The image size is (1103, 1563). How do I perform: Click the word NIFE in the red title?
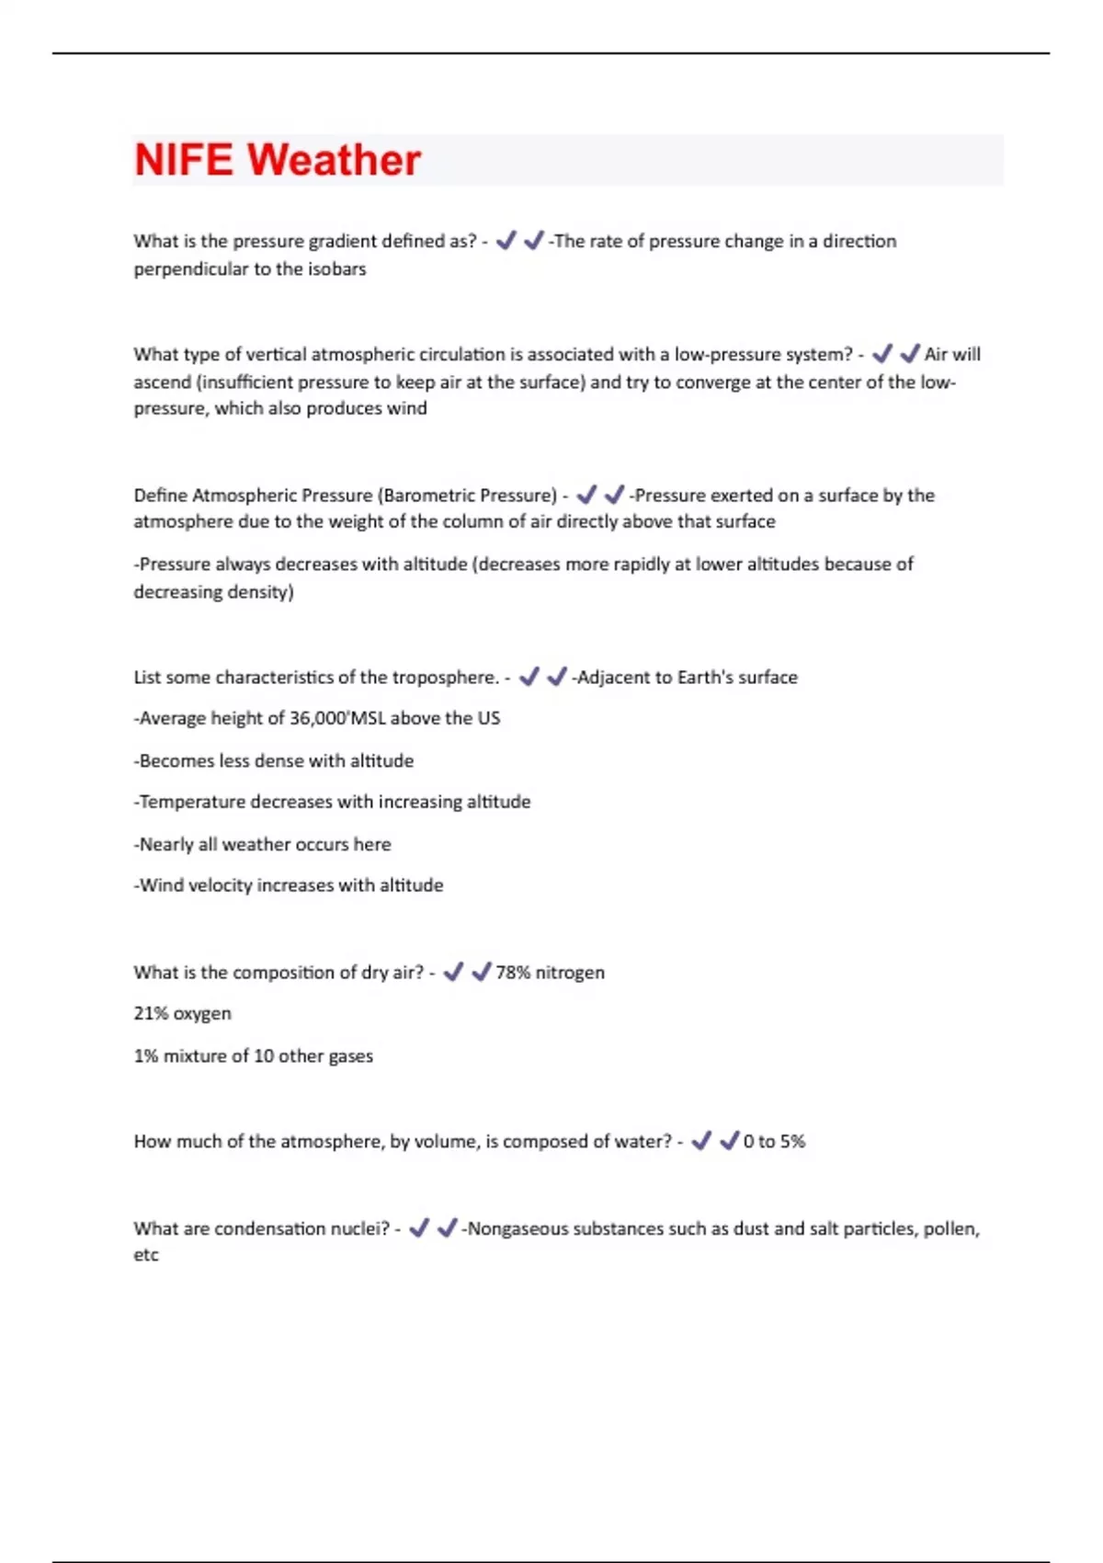(x=183, y=160)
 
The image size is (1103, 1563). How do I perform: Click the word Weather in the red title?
(x=334, y=160)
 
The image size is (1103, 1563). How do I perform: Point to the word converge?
(x=713, y=382)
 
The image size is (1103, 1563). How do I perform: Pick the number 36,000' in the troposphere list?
(x=319, y=718)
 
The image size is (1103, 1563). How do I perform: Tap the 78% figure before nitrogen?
(x=513, y=973)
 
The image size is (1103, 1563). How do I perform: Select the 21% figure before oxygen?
(x=151, y=1014)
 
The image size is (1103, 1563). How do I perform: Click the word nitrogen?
(x=570, y=973)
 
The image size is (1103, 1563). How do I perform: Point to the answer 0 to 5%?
(x=774, y=1142)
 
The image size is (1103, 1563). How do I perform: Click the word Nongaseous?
(x=517, y=1229)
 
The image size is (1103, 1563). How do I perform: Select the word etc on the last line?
(x=146, y=1255)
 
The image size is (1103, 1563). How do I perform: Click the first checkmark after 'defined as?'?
(x=506, y=241)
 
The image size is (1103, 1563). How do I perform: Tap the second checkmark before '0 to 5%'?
(x=729, y=1141)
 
